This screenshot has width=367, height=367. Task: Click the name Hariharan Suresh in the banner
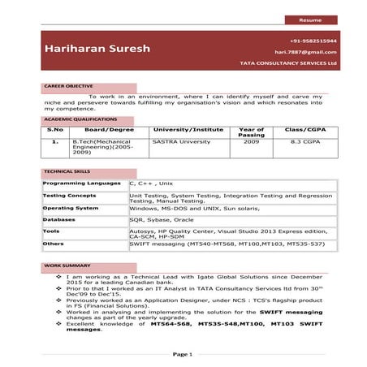98,49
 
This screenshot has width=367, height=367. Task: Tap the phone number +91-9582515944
313,40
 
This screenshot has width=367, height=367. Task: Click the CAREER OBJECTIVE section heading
68,86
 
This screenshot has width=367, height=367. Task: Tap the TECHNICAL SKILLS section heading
67,172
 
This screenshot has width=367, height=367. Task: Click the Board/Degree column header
109,129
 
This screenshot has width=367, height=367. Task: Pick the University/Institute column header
188,129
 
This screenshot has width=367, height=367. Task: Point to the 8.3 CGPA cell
305,141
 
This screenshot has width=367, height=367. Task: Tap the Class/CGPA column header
305,129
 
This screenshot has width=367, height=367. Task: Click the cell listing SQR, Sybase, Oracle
162,219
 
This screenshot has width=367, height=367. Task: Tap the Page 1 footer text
183,354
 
